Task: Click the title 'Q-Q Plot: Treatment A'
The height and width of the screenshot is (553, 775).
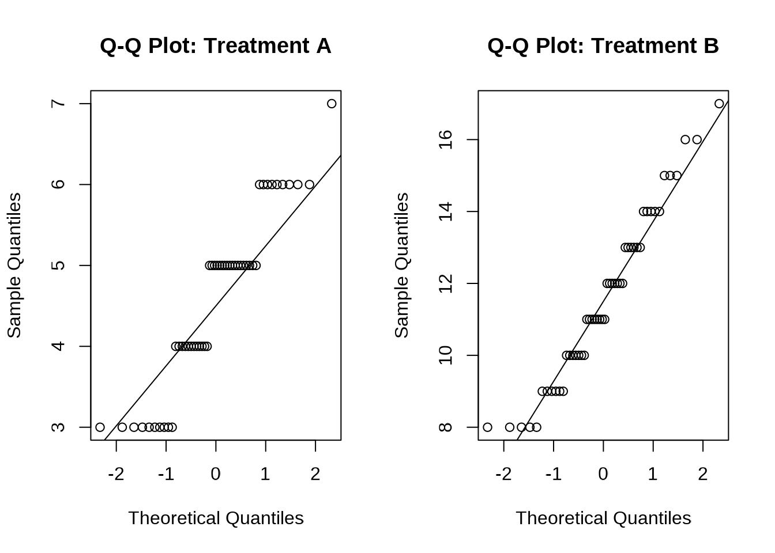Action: pyautogui.click(x=215, y=46)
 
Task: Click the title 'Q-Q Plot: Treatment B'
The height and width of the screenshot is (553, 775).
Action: pyautogui.click(x=603, y=46)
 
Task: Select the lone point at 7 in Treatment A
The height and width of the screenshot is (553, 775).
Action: pyautogui.click(x=332, y=104)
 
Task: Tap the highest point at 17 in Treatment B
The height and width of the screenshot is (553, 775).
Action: pyautogui.click(x=719, y=104)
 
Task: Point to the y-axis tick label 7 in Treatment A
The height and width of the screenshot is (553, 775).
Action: pyautogui.click(x=58, y=104)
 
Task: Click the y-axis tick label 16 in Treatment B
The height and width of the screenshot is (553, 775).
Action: pyautogui.click(x=445, y=139)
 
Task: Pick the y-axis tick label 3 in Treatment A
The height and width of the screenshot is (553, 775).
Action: pyautogui.click(x=58, y=427)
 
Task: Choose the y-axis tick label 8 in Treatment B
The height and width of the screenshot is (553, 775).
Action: pyautogui.click(x=445, y=427)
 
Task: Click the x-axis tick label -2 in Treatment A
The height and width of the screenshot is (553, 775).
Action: pyautogui.click(x=116, y=474)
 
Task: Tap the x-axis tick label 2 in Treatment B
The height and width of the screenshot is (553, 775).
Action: pyautogui.click(x=702, y=474)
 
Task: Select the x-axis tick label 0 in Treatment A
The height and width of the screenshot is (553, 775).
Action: pyautogui.click(x=216, y=474)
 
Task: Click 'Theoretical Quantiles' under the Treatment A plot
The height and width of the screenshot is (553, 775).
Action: pyautogui.click(x=216, y=518)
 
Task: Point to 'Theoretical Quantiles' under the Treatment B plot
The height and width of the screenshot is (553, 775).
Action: pyautogui.click(x=603, y=518)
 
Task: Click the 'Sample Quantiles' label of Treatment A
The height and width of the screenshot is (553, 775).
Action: pyautogui.click(x=14, y=265)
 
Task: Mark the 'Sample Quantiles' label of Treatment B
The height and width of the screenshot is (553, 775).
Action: pyautogui.click(x=401, y=265)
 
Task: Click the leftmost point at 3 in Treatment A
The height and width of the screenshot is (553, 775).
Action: pyautogui.click(x=100, y=427)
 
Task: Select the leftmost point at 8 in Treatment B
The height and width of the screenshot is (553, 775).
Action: pyautogui.click(x=487, y=427)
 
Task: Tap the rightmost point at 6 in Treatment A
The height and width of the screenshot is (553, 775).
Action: pyautogui.click(x=310, y=184)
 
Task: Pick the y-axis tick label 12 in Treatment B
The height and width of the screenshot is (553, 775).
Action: pyautogui.click(x=445, y=283)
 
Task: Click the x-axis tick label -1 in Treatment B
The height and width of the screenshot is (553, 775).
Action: pyautogui.click(x=553, y=474)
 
